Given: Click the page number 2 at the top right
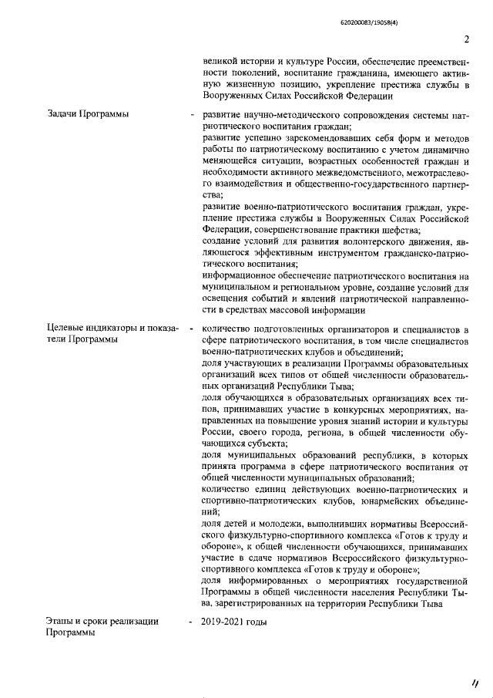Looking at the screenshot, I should (x=467, y=41).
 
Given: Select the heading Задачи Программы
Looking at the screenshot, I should (x=88, y=115).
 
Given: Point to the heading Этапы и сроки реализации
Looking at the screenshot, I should (x=102, y=621).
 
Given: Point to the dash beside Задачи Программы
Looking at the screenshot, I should (x=190, y=116).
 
